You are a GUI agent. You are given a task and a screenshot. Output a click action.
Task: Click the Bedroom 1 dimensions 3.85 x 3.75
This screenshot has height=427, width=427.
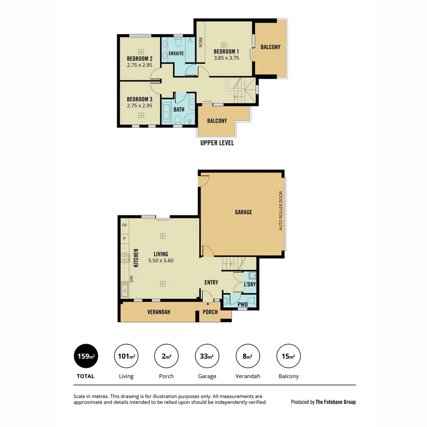pos(226,58)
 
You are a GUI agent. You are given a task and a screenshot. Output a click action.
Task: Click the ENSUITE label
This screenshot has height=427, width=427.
pos(176,53)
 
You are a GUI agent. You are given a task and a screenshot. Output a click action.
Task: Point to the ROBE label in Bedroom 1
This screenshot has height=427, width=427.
pos(201,42)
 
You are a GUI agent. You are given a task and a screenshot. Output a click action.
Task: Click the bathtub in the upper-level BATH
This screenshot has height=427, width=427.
pos(167,112)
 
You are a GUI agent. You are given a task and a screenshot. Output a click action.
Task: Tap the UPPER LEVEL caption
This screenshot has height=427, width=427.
pos(217,143)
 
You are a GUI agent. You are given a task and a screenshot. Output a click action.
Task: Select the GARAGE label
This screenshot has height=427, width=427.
pos(243,212)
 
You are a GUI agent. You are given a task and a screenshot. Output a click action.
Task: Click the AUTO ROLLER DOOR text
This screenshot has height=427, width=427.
pos(281,211)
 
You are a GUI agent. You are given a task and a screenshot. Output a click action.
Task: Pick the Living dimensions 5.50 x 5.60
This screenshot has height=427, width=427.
pos(161,261)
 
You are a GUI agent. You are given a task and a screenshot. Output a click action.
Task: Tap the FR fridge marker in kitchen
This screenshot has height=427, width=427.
pos(124,225)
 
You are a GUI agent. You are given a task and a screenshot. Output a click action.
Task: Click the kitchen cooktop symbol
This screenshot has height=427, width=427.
pos(125,258)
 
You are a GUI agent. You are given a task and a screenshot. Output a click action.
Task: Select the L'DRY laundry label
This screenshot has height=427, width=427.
pos(249,284)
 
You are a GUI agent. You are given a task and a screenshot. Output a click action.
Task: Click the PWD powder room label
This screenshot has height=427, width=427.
pos(242,304)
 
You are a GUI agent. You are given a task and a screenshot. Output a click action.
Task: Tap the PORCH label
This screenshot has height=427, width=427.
pos(210,312)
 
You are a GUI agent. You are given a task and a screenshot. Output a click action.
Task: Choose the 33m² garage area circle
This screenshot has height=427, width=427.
pos(207,356)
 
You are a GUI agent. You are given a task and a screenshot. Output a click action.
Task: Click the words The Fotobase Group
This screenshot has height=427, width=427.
pos(335,402)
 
